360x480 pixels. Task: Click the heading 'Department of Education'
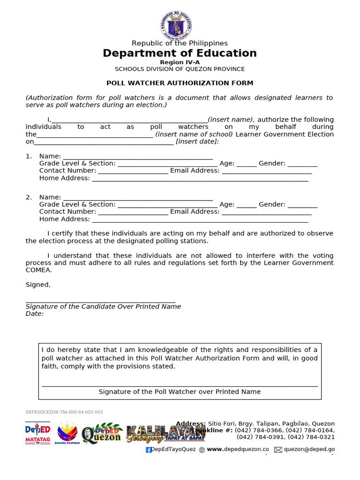(180, 53)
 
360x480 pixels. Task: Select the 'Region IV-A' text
(180, 62)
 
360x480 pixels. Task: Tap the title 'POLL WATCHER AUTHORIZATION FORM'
(180, 83)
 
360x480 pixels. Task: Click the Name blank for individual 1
(138, 157)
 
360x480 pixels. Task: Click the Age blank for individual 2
(247, 205)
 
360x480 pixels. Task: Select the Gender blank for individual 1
(302, 164)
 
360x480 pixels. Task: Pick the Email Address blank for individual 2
(266, 212)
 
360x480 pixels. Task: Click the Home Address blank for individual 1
(200, 179)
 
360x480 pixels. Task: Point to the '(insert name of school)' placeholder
(194, 135)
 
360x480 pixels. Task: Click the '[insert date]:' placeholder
(197, 142)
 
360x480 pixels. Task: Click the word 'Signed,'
(38, 285)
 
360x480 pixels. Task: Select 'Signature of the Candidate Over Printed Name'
(103, 307)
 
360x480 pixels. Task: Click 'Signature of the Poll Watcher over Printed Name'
(180, 392)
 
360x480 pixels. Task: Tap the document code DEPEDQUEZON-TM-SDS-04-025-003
(64, 412)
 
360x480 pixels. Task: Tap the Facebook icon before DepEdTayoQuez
(149, 450)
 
